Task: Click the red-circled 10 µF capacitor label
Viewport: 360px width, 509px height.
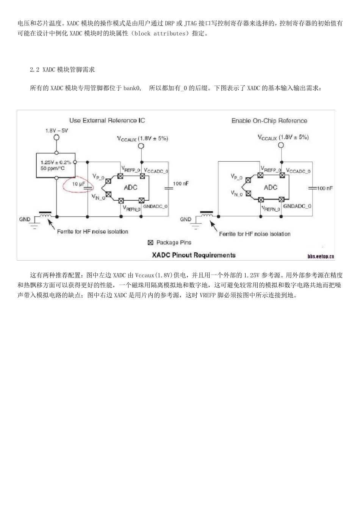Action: [78, 184]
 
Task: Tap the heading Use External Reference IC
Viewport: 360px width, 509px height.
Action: [107, 120]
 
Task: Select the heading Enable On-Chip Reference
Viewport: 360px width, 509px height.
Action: [269, 121]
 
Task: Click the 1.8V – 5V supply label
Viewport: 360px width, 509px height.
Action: [56, 130]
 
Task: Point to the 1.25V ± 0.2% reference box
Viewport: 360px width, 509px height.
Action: [55, 165]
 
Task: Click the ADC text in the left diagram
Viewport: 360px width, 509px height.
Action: [130, 187]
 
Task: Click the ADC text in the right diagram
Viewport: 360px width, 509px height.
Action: [270, 187]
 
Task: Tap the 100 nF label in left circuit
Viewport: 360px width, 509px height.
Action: [181, 184]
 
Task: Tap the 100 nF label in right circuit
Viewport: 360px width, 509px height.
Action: [325, 188]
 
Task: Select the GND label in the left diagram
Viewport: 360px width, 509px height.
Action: [25, 219]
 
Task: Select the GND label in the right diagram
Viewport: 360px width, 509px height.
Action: [185, 219]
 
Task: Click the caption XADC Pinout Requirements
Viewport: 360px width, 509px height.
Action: [194, 255]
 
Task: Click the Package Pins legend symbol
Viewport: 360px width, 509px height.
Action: [150, 243]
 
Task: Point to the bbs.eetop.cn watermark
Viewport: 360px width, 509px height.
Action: [321, 256]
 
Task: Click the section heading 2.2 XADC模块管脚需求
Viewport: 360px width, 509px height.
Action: [62, 70]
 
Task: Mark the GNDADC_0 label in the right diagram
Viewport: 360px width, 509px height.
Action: [297, 206]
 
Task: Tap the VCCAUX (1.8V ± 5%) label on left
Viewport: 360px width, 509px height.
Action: [142, 139]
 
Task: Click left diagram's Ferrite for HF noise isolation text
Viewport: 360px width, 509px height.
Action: [92, 231]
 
